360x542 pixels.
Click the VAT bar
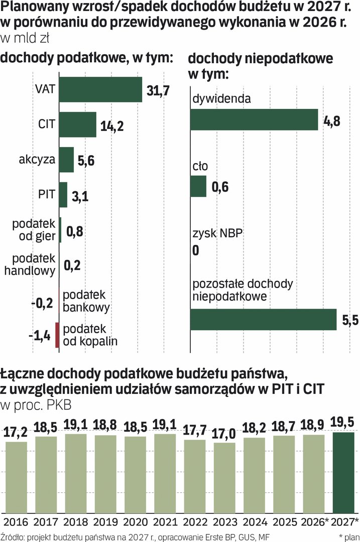point(100,89)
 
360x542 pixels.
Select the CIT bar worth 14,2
point(78,124)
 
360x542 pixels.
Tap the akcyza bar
point(66,160)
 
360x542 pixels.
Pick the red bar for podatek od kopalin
point(57,335)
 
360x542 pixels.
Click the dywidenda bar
point(254,119)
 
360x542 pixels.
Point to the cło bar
point(198,186)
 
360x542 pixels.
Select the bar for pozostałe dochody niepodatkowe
point(264,320)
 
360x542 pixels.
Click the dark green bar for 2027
point(343,473)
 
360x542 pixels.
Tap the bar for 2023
point(224,478)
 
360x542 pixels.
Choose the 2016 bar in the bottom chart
point(16,477)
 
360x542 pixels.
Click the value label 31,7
point(158,90)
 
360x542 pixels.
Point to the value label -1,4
point(40,336)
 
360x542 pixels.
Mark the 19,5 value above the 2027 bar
point(342,422)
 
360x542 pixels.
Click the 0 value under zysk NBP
point(196,250)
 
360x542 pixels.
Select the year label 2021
point(165,522)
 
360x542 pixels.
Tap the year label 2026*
point(314,522)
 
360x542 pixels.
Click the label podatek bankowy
point(86,301)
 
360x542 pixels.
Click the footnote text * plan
point(349,537)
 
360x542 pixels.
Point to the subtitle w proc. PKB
point(36,405)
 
